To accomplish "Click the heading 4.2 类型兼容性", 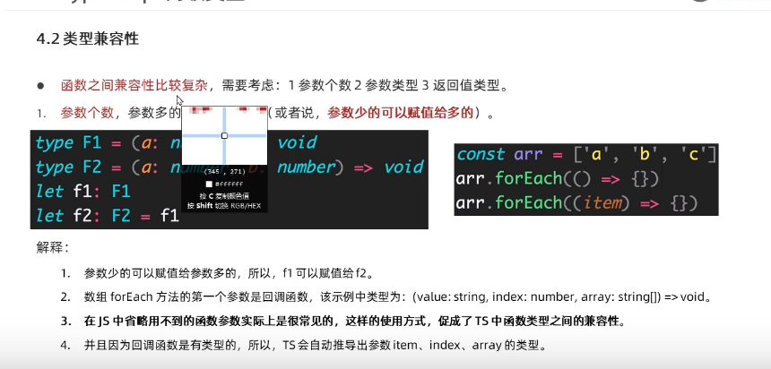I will coord(87,40).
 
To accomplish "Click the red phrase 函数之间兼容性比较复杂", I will coord(134,86).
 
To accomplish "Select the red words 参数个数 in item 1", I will coord(87,113).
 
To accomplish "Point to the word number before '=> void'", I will coord(308,167).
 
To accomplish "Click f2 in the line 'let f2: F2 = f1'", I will coord(80,215).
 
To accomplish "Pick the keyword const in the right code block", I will coord(481,154).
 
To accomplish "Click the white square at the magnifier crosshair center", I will coord(224,136).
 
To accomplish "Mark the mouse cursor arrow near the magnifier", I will coord(180,101).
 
